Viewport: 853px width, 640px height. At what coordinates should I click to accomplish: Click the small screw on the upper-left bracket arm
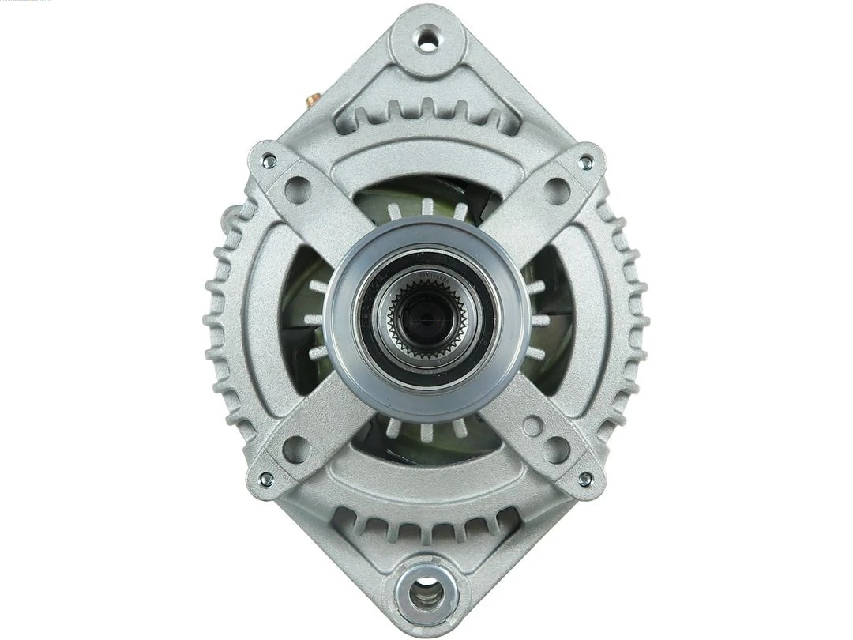tap(269, 161)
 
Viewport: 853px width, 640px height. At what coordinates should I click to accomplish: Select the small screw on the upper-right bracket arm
tap(584, 162)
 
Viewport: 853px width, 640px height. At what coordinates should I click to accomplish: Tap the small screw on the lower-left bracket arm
tap(267, 479)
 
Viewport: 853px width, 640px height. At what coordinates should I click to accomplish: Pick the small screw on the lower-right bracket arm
tap(584, 479)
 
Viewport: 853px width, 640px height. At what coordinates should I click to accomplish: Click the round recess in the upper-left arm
tap(298, 190)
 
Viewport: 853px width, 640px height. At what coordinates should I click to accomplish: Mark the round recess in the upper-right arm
tap(556, 190)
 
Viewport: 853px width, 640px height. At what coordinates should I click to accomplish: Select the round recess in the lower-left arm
tap(296, 449)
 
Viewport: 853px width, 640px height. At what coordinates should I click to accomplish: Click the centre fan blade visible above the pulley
tap(426, 207)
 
